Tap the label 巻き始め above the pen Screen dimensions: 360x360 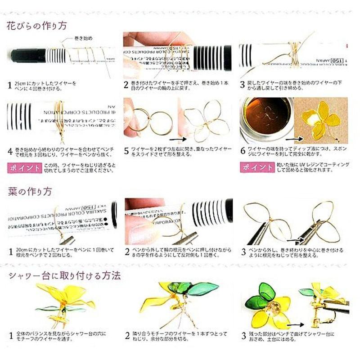click(83, 39)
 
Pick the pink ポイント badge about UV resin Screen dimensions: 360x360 click(256, 167)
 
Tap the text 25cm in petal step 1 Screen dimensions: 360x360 click(23, 84)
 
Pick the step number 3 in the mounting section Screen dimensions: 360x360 click(243, 335)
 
